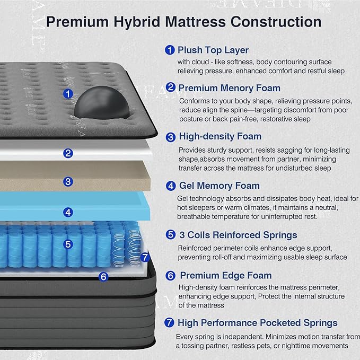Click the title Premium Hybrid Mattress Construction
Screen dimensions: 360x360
183,22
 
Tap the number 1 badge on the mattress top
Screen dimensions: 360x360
67,94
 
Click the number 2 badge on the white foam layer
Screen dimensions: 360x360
68,154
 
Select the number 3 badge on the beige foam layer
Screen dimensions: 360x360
68,181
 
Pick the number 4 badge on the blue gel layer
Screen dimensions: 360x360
68,212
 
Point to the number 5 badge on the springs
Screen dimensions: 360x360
68,244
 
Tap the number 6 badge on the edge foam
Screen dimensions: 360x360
103,276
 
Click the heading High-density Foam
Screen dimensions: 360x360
220,137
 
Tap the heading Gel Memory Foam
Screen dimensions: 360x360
219,186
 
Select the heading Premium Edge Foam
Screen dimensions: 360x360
225,276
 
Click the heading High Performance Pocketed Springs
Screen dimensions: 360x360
257,322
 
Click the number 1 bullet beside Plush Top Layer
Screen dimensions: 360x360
170,50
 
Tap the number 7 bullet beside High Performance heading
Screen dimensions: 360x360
170,322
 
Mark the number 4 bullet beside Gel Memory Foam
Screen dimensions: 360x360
171,186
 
